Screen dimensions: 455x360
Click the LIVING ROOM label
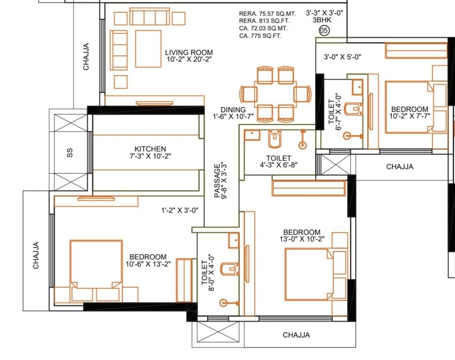pyautogui.click(x=189, y=52)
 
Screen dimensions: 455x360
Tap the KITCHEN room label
pyautogui.click(x=150, y=149)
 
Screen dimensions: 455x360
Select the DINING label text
pyautogui.click(x=233, y=110)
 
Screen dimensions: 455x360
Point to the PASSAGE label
pyautogui.click(x=217, y=181)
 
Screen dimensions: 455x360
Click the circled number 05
pyautogui.click(x=324, y=30)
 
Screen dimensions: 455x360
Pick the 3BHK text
pyautogui.click(x=322, y=20)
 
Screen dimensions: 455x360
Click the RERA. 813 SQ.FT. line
pyautogui.click(x=265, y=21)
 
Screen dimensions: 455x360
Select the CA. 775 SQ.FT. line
pyautogui.click(x=260, y=36)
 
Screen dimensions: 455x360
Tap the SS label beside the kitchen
pyautogui.click(x=70, y=153)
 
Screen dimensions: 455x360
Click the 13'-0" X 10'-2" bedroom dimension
pyautogui.click(x=302, y=239)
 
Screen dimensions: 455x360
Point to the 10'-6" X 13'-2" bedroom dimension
pyautogui.click(x=148, y=264)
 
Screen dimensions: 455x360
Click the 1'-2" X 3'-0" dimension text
pyautogui.click(x=180, y=210)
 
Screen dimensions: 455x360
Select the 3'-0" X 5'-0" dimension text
pyautogui.click(x=343, y=57)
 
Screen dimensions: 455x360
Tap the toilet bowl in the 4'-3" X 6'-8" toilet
pyautogui.click(x=275, y=139)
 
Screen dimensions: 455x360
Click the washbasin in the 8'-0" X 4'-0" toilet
pyautogui.click(x=234, y=241)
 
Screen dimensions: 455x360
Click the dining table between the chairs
pyautogui.click(x=275, y=95)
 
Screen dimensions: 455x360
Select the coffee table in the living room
pyautogui.click(x=148, y=49)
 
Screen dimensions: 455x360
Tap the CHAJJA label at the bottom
pyautogui.click(x=296, y=335)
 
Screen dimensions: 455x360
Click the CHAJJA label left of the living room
pyautogui.click(x=86, y=57)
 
